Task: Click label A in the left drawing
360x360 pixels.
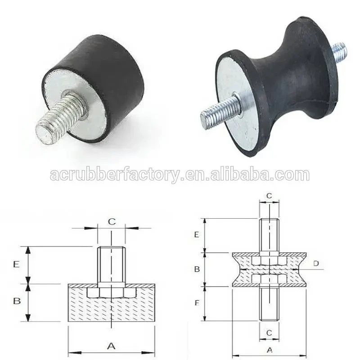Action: click(x=111, y=346)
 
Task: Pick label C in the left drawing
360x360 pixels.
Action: click(x=112, y=221)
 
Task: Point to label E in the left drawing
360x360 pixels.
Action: click(x=16, y=264)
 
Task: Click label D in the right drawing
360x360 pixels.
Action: click(x=316, y=263)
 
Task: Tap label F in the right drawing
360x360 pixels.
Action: click(x=197, y=303)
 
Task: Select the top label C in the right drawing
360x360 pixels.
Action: click(x=269, y=196)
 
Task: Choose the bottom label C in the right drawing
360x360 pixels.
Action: click(x=269, y=333)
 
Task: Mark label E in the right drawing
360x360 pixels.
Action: click(x=197, y=234)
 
